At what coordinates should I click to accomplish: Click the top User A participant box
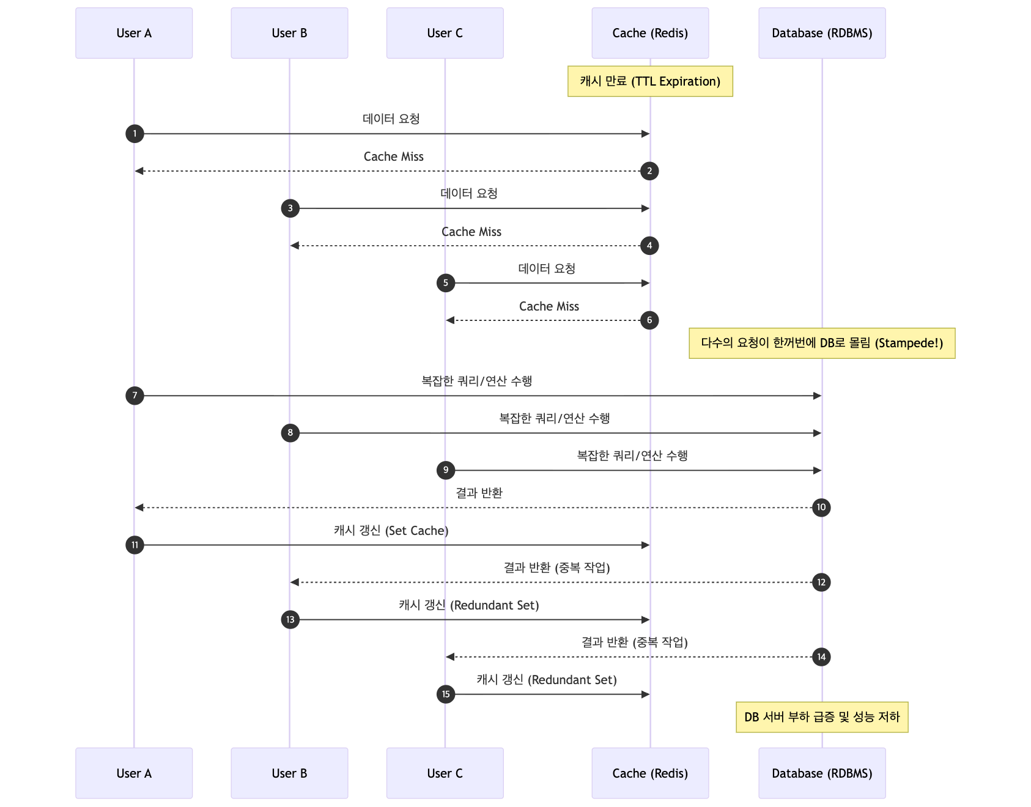coord(134,33)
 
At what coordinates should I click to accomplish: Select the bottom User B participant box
coord(289,773)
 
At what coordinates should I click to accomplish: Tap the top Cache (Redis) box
coord(650,33)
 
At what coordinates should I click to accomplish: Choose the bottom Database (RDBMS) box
coord(822,773)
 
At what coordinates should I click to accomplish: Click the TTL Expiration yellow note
coord(650,81)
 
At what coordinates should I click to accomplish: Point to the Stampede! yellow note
coord(822,343)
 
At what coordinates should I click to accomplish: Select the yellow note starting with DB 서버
coord(822,717)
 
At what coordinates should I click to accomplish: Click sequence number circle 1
coord(135,133)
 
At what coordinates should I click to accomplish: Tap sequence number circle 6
coord(649,320)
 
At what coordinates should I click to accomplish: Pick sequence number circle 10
coord(821,507)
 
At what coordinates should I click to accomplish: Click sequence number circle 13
coord(290,620)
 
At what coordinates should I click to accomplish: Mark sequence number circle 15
coord(446,695)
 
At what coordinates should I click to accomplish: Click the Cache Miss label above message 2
coord(393,157)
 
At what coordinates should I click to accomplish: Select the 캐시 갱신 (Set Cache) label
coord(391,531)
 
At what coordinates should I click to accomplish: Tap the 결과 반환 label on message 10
coord(479,493)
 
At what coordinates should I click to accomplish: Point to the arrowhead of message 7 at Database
coord(817,396)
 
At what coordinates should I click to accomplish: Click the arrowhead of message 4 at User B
coord(295,246)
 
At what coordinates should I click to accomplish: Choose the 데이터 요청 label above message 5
coord(547,268)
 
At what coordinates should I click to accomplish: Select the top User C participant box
coord(445,33)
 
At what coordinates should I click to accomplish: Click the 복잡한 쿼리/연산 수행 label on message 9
coord(632,455)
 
